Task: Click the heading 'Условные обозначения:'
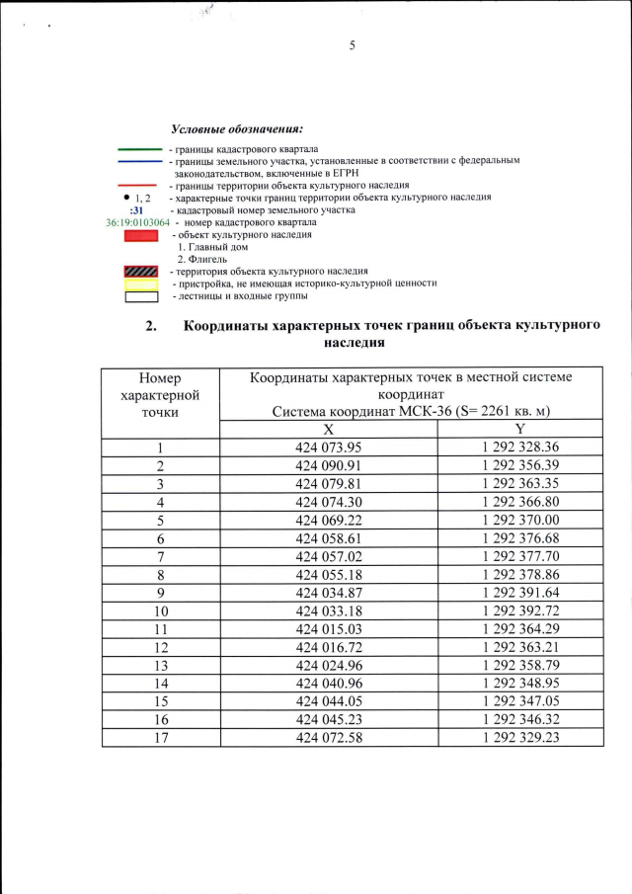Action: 236,129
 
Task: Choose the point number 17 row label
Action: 159,737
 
